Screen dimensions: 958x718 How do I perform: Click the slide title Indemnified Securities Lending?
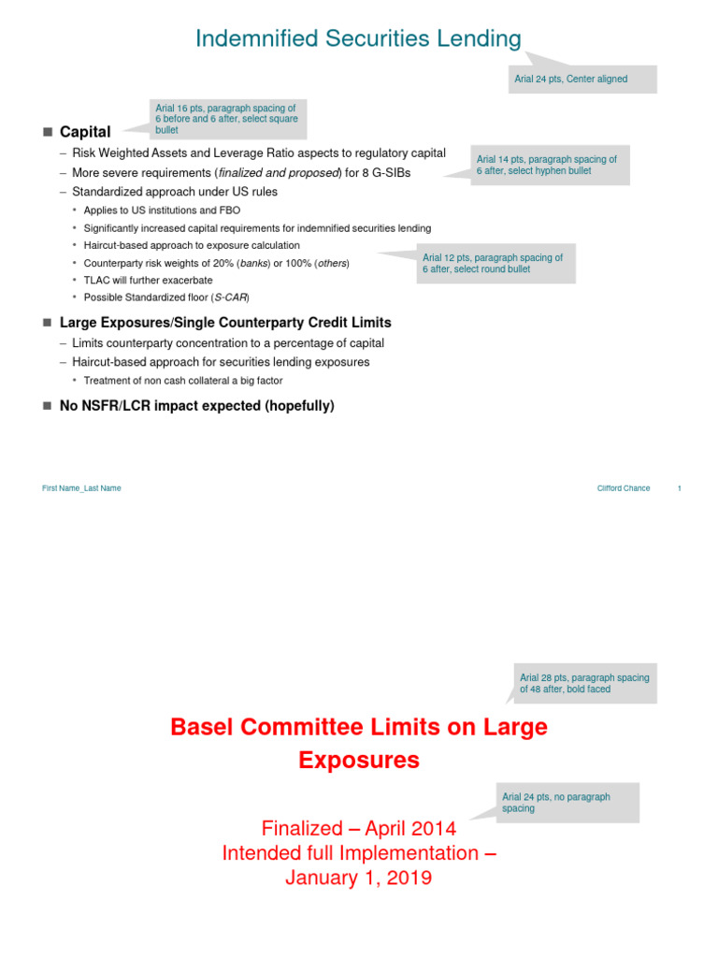(358, 38)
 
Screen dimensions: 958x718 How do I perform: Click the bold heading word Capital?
(85, 132)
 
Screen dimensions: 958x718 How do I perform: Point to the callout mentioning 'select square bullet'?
(228, 119)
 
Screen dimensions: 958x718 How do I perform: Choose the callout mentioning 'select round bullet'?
(496, 263)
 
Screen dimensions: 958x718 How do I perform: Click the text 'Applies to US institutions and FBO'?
(161, 210)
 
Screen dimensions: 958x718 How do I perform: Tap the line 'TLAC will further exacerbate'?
(148, 280)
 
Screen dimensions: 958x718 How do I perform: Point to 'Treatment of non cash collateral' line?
(183, 380)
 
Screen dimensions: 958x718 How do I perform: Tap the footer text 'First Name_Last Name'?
(81, 488)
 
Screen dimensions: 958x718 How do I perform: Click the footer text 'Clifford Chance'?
(624, 488)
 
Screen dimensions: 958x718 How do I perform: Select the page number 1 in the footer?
(679, 488)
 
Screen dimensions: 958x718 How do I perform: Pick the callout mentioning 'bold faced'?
(584, 683)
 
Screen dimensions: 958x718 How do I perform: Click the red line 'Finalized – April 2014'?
(359, 828)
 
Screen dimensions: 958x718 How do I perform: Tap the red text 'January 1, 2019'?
(359, 878)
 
